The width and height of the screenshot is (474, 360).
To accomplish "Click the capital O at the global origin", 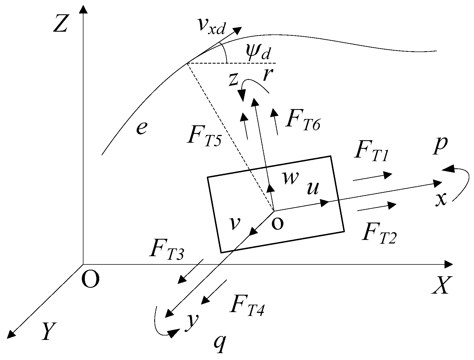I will click(90, 280).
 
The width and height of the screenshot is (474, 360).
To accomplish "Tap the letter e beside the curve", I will click(141, 128).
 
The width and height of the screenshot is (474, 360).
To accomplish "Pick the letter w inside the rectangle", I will click(290, 178).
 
